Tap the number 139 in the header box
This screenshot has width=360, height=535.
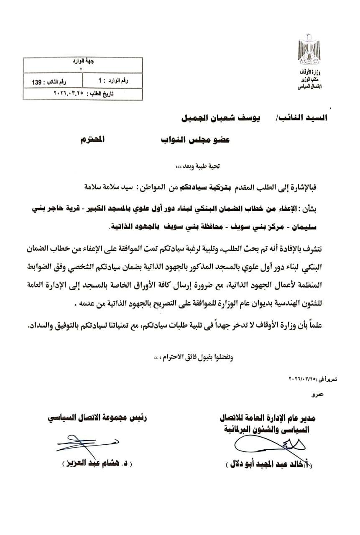pos(34,83)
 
